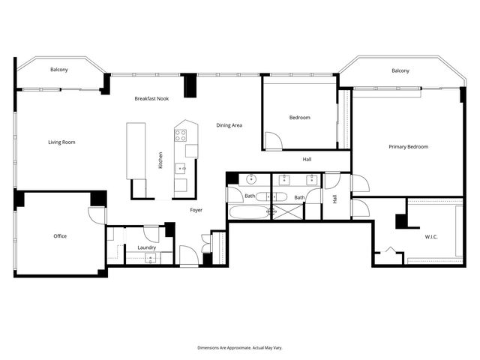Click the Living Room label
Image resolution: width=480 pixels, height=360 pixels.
point(61,142)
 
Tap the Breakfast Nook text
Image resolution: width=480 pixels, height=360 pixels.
point(151,99)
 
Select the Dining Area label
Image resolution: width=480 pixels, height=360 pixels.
point(229,125)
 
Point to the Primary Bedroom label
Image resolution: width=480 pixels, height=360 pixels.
point(408,147)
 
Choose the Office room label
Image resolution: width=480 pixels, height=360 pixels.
point(60,236)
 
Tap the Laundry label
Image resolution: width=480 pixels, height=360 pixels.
point(146,247)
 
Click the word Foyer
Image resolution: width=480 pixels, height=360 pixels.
point(196,210)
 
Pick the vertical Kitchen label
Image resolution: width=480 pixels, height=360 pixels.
point(160,160)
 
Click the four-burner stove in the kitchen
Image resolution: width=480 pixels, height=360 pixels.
point(181,136)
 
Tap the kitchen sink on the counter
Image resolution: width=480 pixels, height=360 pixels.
point(181,169)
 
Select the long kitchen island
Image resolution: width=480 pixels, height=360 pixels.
point(136,150)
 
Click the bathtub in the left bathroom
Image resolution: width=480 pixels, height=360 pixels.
point(248,212)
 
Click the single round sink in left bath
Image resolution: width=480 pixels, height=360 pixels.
point(251,180)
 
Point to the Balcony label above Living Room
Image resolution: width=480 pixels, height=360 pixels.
point(59,70)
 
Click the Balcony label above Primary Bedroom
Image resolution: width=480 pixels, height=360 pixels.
point(400,70)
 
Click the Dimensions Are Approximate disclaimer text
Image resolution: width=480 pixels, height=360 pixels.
point(240,348)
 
